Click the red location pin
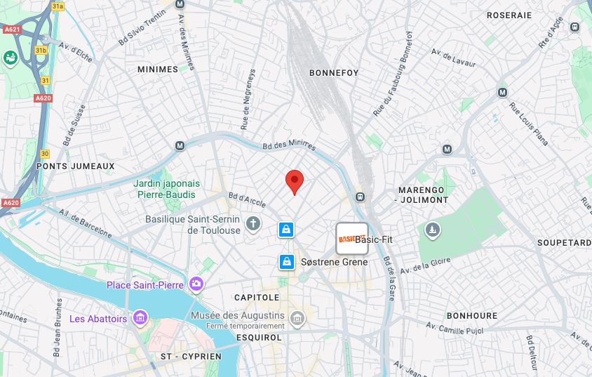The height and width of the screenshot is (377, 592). point(295,180)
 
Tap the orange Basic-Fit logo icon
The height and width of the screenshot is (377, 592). point(347,239)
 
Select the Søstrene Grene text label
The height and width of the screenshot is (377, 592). point(334,262)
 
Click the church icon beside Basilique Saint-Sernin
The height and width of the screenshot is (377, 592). point(253,225)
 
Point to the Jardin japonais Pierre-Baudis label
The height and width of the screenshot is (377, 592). point(166,189)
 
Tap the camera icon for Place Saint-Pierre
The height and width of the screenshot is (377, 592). point(196,284)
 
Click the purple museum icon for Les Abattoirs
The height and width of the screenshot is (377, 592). point(140,319)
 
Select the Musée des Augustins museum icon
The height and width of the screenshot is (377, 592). point(297,319)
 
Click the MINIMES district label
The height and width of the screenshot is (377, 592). point(158,70)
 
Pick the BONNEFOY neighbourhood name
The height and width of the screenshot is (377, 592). point(334,72)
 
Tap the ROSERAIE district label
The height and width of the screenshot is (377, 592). point(509,15)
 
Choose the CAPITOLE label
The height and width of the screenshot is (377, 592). point(257,298)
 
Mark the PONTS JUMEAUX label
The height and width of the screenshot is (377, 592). point(75,166)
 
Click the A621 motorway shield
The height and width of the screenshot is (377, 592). point(12,29)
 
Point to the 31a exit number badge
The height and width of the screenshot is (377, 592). point(58,6)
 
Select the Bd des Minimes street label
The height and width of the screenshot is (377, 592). point(289,145)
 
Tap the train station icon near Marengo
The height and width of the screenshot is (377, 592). point(361,197)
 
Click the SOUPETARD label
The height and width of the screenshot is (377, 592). point(564,243)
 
